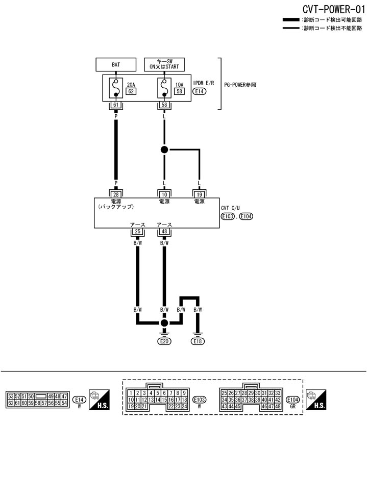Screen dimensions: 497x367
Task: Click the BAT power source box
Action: tap(116, 65)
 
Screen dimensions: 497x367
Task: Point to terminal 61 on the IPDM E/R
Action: tap(116, 105)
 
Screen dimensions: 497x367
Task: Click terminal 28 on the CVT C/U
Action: tap(116, 194)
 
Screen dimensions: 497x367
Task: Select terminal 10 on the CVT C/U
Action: tap(164, 194)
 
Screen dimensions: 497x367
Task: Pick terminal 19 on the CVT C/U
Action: tap(199, 194)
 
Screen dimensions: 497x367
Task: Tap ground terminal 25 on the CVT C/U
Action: tap(137, 232)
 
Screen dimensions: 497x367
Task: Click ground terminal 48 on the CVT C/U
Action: tap(164, 232)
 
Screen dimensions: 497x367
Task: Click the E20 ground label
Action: tap(164, 341)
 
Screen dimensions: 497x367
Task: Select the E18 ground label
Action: tap(198, 341)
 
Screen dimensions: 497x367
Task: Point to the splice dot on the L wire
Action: tap(164, 150)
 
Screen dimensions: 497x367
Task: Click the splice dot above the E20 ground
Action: tap(164, 324)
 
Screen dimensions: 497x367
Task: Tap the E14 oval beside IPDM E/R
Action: tap(199, 92)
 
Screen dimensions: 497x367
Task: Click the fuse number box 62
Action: tap(131, 92)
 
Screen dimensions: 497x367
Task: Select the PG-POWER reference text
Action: tap(240, 85)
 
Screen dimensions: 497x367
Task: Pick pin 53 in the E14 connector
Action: tap(11, 396)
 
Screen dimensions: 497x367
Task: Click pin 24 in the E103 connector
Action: tap(184, 406)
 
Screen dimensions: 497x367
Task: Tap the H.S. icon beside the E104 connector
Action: tap(316, 399)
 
